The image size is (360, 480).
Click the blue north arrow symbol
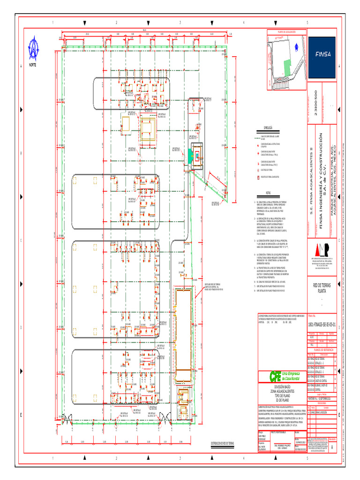click(x=34, y=48)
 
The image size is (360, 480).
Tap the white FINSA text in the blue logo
click(x=322, y=54)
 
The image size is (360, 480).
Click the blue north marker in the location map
click(x=296, y=46)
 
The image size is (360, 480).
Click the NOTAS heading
click(x=268, y=193)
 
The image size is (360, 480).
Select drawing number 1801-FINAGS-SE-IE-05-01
click(x=322, y=324)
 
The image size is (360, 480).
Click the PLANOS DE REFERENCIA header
click(x=322, y=349)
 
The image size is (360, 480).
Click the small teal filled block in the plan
click(x=190, y=153)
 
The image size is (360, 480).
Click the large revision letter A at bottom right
click(x=333, y=447)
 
